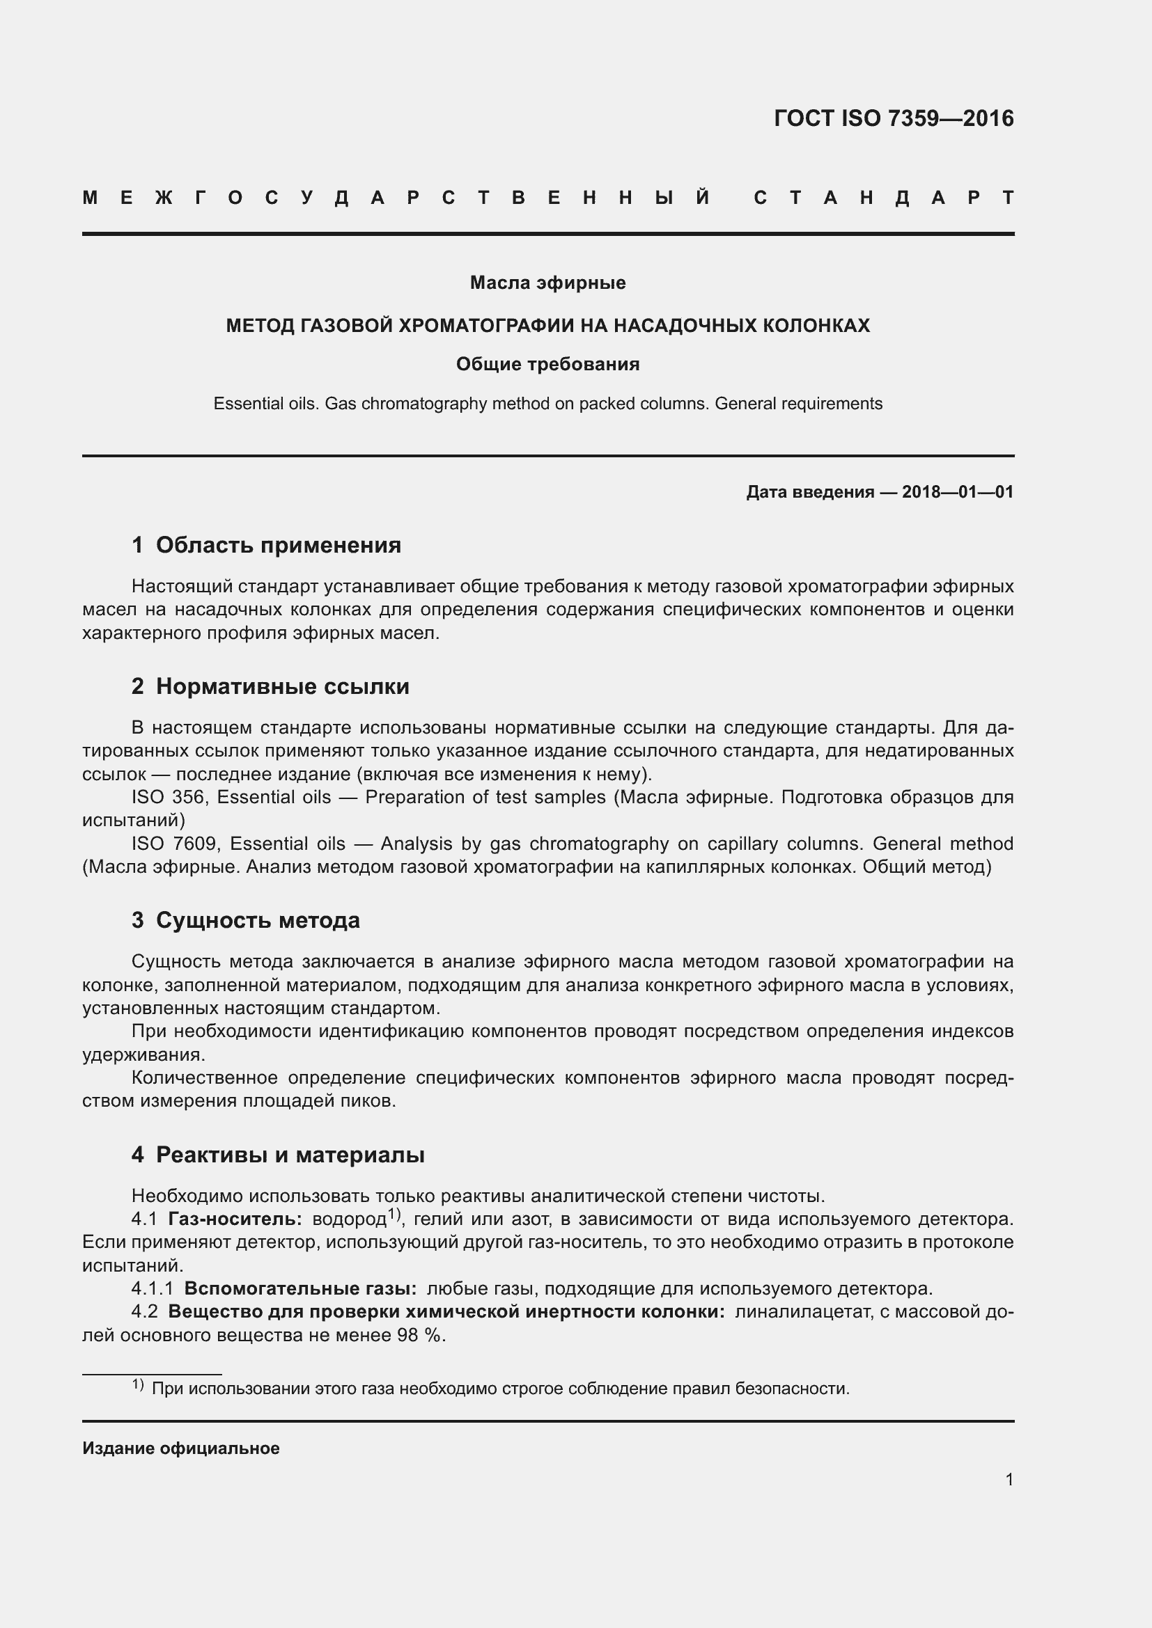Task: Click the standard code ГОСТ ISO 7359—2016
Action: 893,118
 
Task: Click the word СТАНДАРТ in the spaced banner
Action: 883,198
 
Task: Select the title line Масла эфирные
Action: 547,283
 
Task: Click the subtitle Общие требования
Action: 547,365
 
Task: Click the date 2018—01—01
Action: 958,492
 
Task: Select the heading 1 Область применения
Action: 266,545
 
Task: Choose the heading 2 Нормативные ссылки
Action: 270,686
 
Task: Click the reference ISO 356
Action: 168,797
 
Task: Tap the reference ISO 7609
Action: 175,844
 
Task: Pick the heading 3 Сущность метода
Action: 245,920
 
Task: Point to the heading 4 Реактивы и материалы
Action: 278,1155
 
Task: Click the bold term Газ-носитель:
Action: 235,1219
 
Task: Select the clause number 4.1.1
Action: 152,1288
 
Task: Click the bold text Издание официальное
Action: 181,1448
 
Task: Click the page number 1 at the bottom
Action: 1009,1479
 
